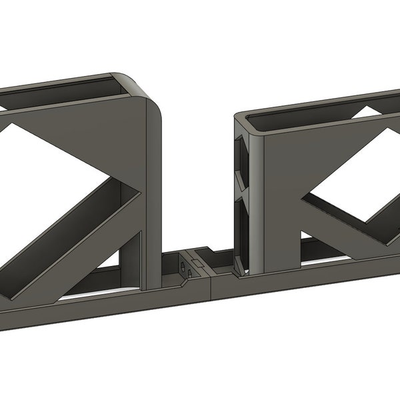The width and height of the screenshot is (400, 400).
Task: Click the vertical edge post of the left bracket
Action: click(154, 193)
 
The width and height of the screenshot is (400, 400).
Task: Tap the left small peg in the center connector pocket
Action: click(181, 267)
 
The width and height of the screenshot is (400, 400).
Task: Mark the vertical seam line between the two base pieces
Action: click(211, 287)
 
